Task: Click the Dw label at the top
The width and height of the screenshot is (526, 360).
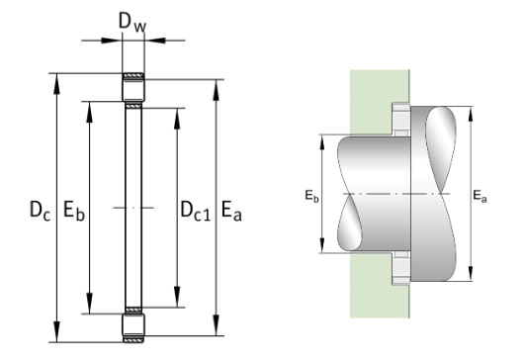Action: click(x=132, y=23)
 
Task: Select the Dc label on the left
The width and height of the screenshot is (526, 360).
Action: click(x=40, y=211)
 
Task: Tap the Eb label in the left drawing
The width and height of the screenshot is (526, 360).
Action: click(x=74, y=211)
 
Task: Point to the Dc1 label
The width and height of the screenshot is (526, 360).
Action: click(x=196, y=211)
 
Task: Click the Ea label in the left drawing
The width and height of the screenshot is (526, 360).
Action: click(x=231, y=211)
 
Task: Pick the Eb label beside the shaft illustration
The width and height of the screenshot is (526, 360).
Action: click(x=311, y=196)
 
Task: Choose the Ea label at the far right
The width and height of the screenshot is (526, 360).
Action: click(x=480, y=196)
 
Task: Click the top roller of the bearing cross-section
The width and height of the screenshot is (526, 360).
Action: click(x=133, y=87)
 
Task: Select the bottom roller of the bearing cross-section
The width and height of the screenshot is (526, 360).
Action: click(x=133, y=327)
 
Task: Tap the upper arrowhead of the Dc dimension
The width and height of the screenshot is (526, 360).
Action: click(x=57, y=83)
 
